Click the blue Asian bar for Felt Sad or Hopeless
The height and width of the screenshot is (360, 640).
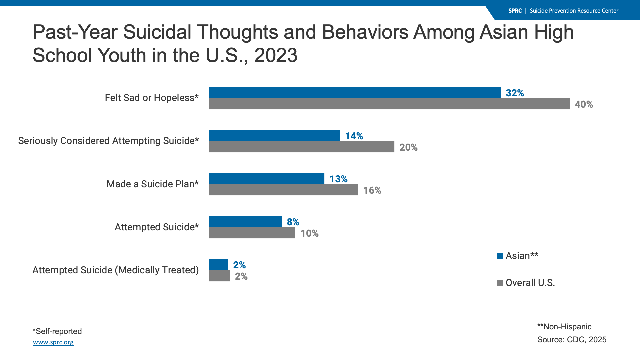pyautogui.click(x=355, y=92)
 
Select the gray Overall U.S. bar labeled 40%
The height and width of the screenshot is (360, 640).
pyautogui.click(x=389, y=104)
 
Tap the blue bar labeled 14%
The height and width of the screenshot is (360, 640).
pyautogui.click(x=274, y=135)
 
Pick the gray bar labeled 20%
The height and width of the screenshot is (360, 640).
pyautogui.click(x=301, y=147)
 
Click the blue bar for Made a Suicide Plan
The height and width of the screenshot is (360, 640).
pyautogui.click(x=266, y=178)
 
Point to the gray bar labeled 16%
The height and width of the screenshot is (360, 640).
pyautogui.click(x=283, y=190)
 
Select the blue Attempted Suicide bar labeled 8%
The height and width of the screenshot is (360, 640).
pyautogui.click(x=245, y=221)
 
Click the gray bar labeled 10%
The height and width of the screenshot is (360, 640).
pyautogui.click(x=252, y=233)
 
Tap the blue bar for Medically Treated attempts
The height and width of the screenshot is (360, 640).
pyautogui.click(x=218, y=264)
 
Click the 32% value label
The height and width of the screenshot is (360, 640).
pyautogui.click(x=515, y=93)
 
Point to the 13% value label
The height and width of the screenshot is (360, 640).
pyautogui.click(x=338, y=179)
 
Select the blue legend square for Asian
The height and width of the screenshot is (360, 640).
pyautogui.click(x=500, y=256)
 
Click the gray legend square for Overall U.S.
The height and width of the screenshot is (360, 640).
pyautogui.click(x=500, y=283)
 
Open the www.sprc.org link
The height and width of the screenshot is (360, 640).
pyautogui.click(x=53, y=342)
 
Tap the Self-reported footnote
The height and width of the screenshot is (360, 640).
pyautogui.click(x=57, y=331)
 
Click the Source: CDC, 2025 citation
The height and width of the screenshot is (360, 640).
pyautogui.click(x=572, y=340)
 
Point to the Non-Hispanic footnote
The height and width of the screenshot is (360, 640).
pyautogui.click(x=564, y=327)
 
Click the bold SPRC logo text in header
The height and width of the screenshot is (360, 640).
pyautogui.click(x=515, y=11)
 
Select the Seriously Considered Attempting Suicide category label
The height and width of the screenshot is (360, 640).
pyautogui.click(x=108, y=141)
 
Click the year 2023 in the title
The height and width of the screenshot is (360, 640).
pyautogui.click(x=276, y=55)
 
